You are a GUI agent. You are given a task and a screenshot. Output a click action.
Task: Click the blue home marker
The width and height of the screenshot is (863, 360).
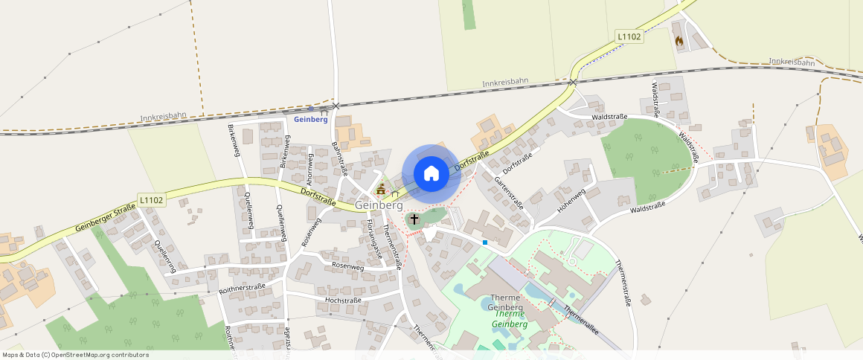click(x=431, y=174)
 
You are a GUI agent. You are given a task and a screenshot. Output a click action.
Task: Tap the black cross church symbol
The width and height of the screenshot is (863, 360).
click(x=414, y=219)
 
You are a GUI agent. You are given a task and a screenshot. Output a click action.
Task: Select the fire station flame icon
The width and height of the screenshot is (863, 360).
click(x=678, y=42)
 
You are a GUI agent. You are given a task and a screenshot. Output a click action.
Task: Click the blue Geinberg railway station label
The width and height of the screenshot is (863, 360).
click(x=311, y=119)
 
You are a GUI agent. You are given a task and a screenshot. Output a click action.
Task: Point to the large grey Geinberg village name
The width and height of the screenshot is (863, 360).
click(x=379, y=205)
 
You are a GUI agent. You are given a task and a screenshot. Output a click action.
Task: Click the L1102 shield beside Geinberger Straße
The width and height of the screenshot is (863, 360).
click(x=151, y=200)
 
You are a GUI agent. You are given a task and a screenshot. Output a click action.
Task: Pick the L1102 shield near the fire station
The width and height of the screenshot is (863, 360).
click(x=629, y=36)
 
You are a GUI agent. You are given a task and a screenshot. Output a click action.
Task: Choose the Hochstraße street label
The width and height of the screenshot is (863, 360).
click(x=343, y=300)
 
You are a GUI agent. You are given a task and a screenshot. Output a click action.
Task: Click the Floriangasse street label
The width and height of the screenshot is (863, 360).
click(x=373, y=238)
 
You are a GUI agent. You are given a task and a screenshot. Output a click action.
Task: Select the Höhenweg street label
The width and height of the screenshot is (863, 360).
click(x=571, y=202)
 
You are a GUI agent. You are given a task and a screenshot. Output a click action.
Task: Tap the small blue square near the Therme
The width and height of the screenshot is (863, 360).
click(x=485, y=242)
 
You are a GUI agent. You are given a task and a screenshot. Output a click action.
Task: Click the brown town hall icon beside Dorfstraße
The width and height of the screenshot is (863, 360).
click(x=382, y=188)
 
